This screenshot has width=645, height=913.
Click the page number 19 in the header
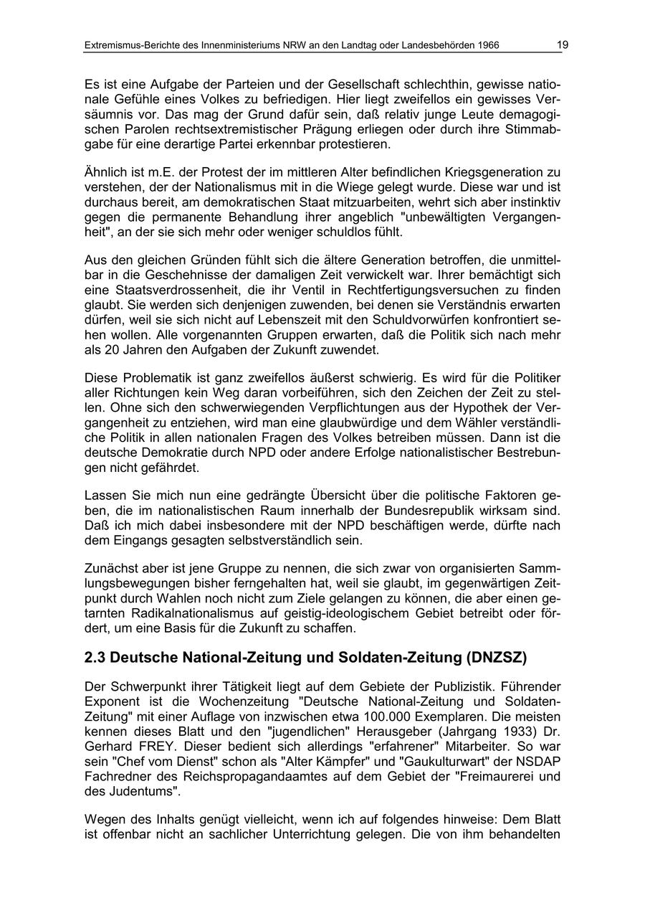(x=563, y=45)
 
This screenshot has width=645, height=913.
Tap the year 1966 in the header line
(x=487, y=46)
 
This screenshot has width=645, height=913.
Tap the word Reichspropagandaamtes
(x=215, y=776)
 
